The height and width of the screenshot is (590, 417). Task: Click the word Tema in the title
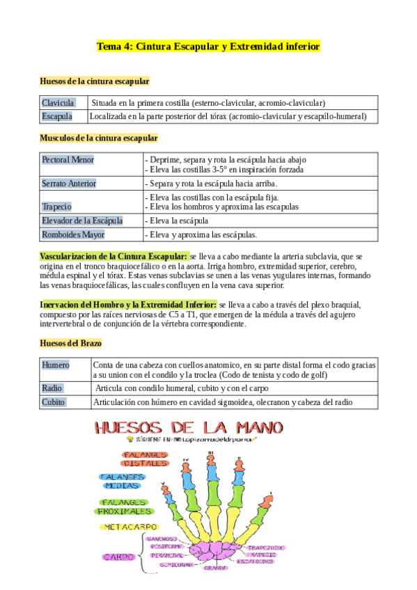108,47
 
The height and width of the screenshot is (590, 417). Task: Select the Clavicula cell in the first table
58,102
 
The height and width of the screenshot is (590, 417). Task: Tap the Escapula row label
56,116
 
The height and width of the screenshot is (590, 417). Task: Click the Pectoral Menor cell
68,160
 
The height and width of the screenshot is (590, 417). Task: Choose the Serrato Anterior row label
69,184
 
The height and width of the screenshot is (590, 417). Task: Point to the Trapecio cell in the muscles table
56,207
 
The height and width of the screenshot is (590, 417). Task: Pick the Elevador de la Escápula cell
81,221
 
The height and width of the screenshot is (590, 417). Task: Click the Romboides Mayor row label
73,234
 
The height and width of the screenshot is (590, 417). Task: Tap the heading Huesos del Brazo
72,343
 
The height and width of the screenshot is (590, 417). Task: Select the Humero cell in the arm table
56,365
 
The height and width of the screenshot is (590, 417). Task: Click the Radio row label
52,388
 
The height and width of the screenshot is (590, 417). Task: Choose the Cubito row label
54,402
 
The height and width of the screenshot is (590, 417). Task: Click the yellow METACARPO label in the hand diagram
129,527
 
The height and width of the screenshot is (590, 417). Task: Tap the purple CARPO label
120,557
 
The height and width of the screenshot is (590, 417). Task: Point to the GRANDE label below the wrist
216,568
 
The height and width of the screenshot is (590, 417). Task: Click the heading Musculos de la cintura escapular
98,138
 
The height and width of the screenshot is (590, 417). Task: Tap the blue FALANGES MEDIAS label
123,481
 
